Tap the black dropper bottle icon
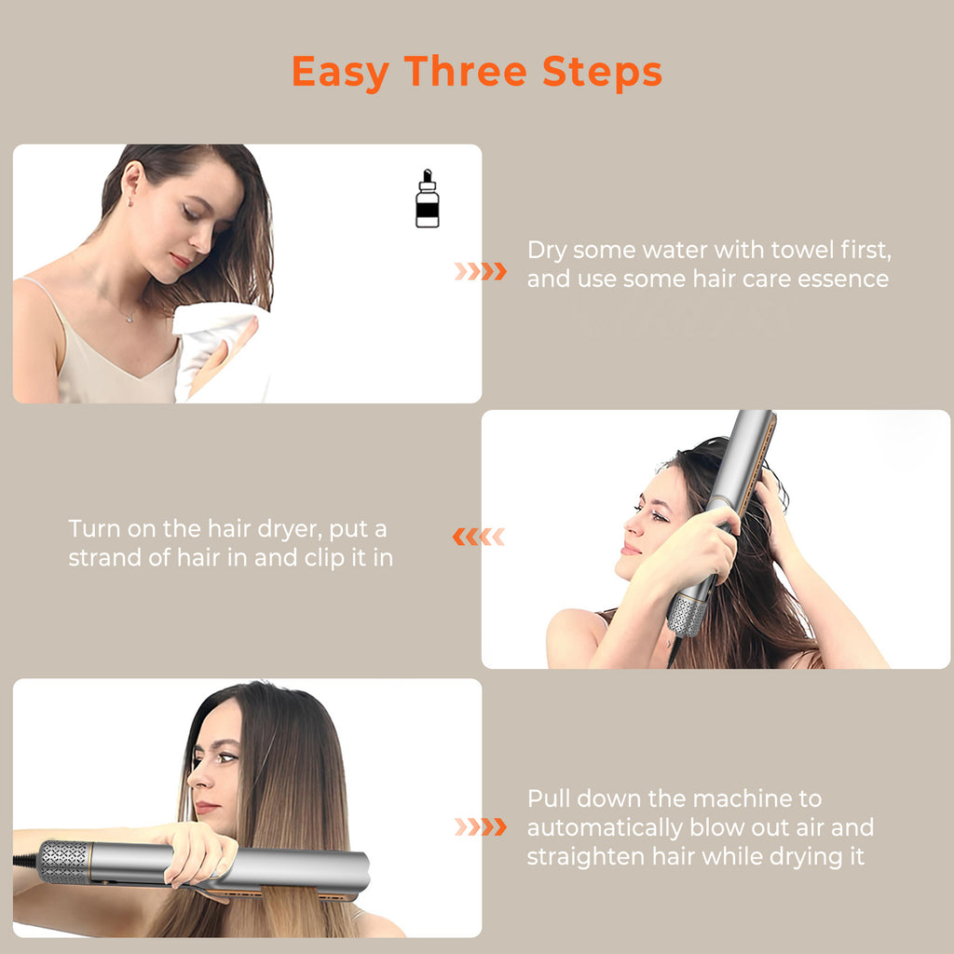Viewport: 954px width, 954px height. [x=427, y=199]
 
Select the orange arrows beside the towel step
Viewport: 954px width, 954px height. [x=481, y=271]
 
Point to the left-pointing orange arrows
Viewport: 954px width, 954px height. [x=478, y=537]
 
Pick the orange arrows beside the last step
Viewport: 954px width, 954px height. [x=481, y=826]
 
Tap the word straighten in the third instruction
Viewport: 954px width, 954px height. [x=581, y=856]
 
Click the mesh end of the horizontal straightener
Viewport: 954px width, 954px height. [x=63, y=862]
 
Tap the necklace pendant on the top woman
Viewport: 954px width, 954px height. [x=129, y=319]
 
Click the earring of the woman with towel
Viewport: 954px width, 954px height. [x=129, y=200]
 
